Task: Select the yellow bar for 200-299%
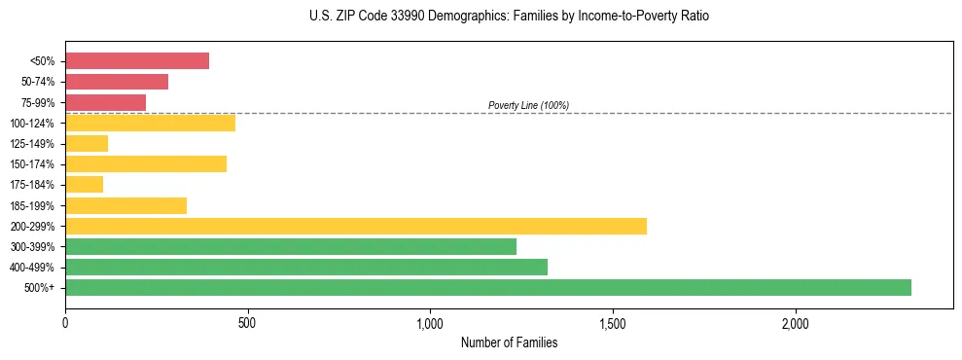click(356, 226)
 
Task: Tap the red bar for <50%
click(137, 60)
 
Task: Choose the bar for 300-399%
click(291, 246)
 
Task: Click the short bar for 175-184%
click(85, 184)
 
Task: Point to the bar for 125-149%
click(87, 143)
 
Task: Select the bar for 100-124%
click(150, 123)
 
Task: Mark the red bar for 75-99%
click(105, 102)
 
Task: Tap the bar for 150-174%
click(146, 163)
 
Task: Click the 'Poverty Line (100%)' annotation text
click(528, 105)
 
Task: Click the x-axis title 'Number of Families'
click(509, 342)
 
